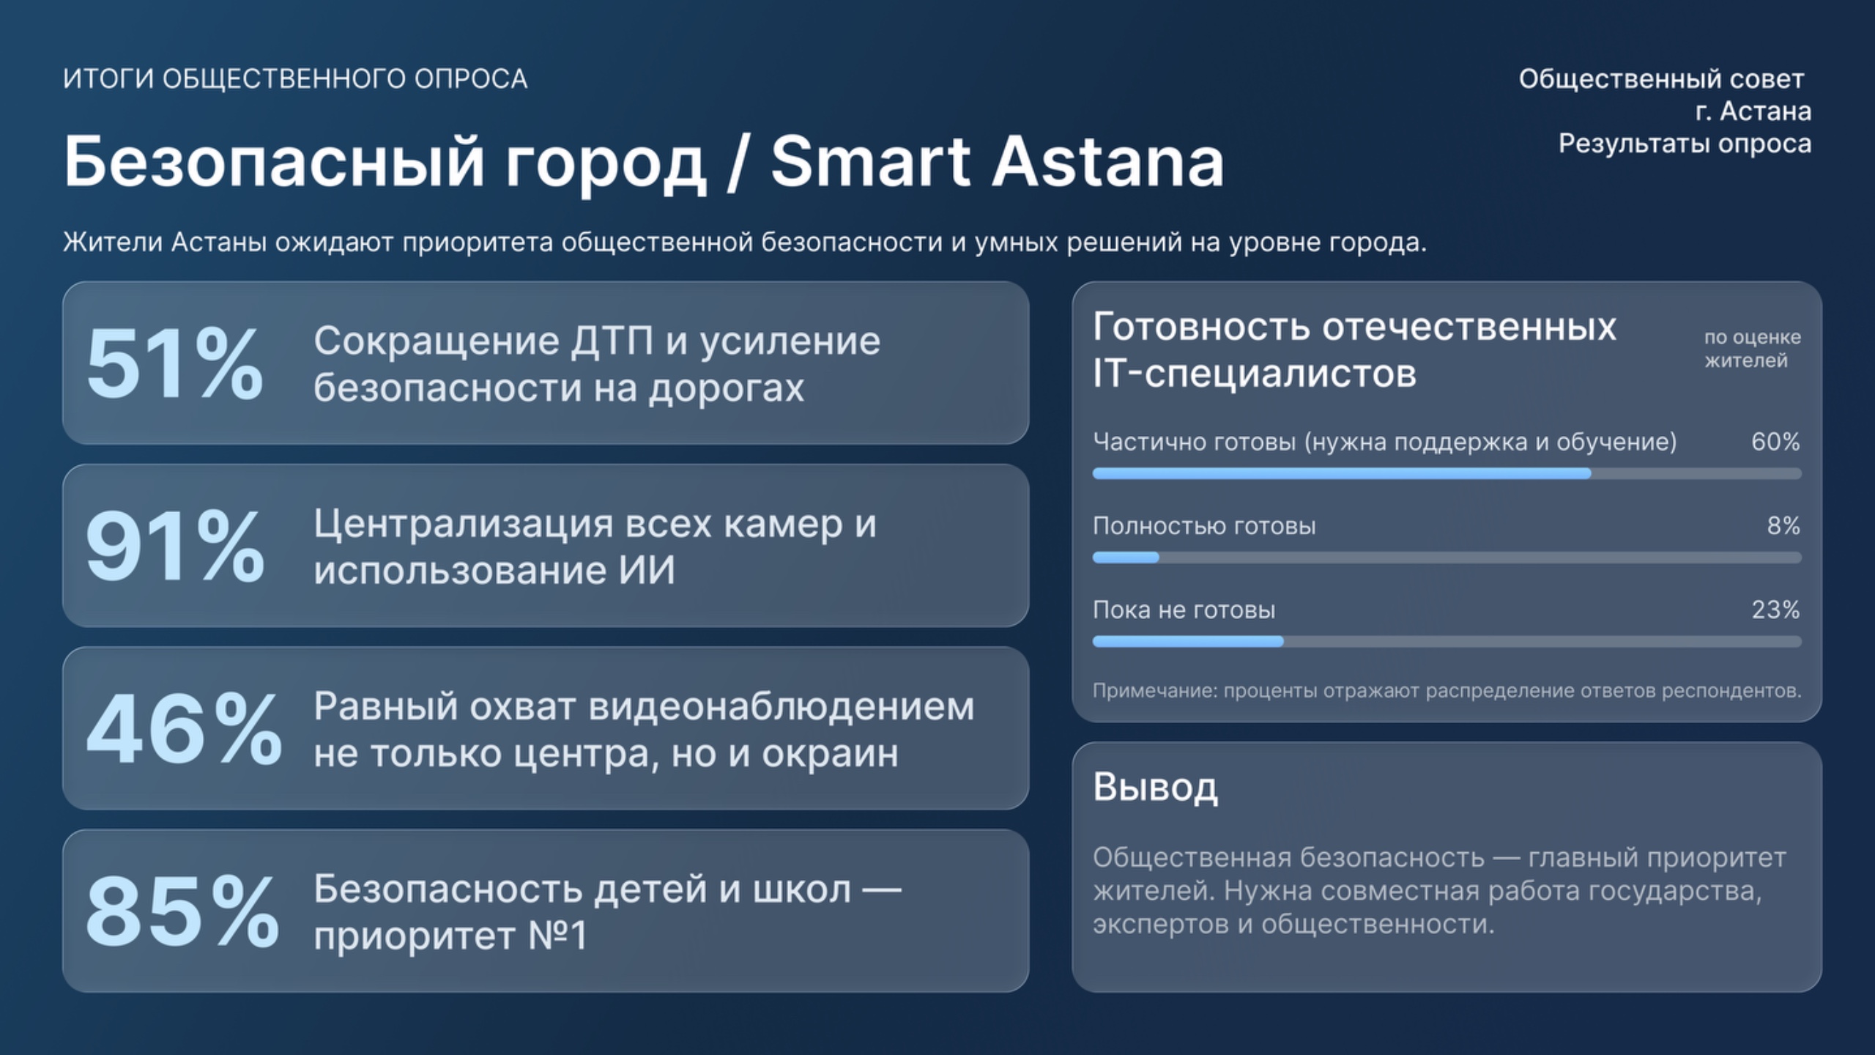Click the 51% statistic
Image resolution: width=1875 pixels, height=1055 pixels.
(174, 364)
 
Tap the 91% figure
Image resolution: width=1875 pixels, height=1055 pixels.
(174, 547)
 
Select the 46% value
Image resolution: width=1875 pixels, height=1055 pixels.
(184, 730)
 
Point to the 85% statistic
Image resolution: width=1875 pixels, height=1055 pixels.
(182, 912)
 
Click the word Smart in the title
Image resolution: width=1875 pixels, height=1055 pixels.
(871, 162)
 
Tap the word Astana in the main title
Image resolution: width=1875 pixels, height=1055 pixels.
(1107, 162)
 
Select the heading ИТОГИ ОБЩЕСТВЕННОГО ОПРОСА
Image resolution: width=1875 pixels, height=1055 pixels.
(295, 79)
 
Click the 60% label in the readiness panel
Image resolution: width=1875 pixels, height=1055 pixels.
(1775, 442)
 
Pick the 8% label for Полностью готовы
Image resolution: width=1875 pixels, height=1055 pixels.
(1783, 525)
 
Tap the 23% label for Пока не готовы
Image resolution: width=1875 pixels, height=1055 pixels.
(1775, 610)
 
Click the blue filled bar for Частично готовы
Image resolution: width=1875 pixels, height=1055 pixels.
(1342, 473)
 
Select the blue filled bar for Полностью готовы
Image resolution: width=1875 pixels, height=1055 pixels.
(1126, 558)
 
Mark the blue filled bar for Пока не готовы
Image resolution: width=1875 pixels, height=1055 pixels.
(1188, 642)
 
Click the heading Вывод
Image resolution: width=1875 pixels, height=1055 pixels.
(1155, 788)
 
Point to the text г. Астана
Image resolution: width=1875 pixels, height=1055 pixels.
(1753, 111)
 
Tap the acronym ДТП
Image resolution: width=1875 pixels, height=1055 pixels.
(612, 341)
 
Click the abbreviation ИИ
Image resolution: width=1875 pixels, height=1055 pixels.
(647, 571)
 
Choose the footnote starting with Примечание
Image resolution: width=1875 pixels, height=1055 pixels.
(1447, 691)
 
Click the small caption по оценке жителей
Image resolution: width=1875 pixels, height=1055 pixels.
(1752, 349)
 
